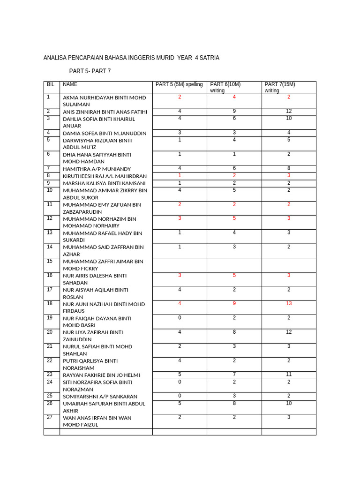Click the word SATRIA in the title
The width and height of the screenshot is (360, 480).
(x=209, y=58)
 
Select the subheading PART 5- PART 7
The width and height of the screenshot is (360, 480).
(x=90, y=71)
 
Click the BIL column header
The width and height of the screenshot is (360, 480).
(x=50, y=84)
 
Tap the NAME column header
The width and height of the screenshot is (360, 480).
(x=70, y=84)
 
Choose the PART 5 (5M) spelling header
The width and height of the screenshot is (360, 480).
(x=179, y=84)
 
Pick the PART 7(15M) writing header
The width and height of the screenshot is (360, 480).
(x=280, y=87)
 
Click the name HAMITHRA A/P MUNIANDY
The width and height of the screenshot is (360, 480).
(x=97, y=169)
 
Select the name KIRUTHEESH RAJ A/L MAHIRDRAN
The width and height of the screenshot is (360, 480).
(x=105, y=176)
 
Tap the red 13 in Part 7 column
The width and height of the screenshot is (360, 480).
(x=289, y=303)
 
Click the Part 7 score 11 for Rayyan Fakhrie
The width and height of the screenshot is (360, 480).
(x=289, y=375)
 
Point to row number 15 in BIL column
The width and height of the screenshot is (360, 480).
(x=50, y=261)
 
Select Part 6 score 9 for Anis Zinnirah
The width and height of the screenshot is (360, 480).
(x=234, y=111)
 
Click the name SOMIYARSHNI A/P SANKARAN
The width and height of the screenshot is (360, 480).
(x=100, y=396)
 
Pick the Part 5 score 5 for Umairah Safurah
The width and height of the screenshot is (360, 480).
(x=180, y=403)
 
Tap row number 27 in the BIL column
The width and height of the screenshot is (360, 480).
(x=50, y=417)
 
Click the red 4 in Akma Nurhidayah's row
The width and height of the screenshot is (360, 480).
(x=234, y=97)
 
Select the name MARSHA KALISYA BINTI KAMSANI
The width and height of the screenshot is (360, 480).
(x=104, y=183)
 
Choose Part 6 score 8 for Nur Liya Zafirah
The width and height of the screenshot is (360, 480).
(x=234, y=332)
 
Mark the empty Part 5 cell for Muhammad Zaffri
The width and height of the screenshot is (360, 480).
(x=180, y=265)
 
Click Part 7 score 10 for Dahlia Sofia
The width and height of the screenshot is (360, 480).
(x=289, y=118)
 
